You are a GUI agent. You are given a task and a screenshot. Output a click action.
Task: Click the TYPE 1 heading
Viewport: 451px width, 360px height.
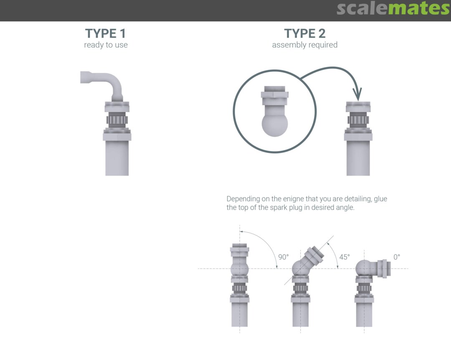pyautogui.click(x=105, y=33)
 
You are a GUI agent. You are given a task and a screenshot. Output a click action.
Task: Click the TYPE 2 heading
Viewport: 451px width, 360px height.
pyautogui.click(x=304, y=33)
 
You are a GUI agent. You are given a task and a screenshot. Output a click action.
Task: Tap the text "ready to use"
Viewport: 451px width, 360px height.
pyautogui.click(x=106, y=45)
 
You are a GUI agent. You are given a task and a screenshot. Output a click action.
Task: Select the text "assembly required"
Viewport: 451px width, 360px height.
pyautogui.click(x=304, y=45)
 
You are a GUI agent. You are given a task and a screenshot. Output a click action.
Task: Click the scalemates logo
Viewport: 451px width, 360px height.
pyautogui.click(x=393, y=9)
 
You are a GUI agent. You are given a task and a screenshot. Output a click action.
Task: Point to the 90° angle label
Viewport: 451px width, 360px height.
pyautogui.click(x=283, y=257)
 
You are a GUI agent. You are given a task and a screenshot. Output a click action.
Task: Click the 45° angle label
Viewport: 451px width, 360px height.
pyautogui.click(x=344, y=257)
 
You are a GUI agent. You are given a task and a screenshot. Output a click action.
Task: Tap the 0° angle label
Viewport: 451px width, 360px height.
pyautogui.click(x=397, y=257)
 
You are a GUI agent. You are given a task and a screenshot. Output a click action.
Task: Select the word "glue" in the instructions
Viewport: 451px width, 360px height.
pyautogui.click(x=380, y=199)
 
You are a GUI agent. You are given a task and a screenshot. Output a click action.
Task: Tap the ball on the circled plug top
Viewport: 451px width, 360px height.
pyautogui.click(x=275, y=124)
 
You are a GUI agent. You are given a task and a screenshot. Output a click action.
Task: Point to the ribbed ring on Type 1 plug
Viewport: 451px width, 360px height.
pyautogui.click(x=117, y=120)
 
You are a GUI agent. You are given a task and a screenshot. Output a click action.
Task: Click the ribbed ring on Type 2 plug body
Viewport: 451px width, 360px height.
pyautogui.click(x=358, y=120)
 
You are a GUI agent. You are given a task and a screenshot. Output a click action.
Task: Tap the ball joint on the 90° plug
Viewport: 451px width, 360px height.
pyautogui.click(x=239, y=269)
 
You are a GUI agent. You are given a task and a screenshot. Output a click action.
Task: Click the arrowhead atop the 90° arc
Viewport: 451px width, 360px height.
pyautogui.click(x=242, y=231)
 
